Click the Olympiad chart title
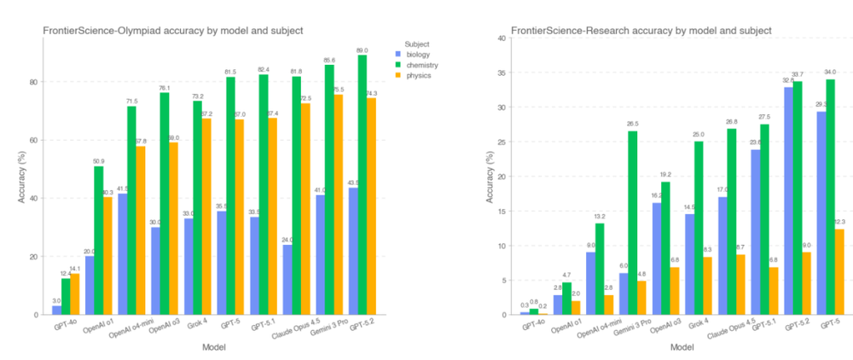click(173, 31)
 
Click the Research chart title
click(641, 31)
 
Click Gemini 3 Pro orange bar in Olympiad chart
click(338, 205)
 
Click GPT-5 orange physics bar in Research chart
click(839, 272)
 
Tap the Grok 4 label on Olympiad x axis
click(196, 328)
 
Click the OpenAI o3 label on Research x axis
click(659, 331)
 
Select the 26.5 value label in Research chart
click(632, 125)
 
